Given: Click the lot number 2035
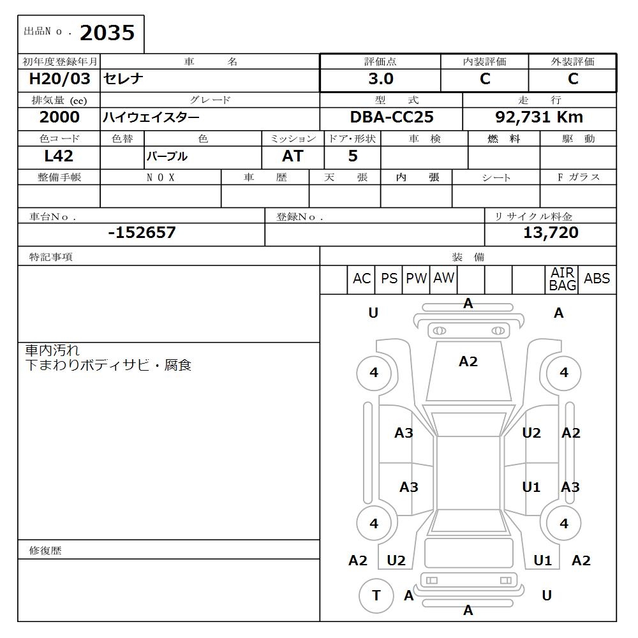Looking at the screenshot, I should [x=107, y=33].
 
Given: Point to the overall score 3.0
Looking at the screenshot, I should [x=381, y=79].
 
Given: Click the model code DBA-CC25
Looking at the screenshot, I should [x=392, y=117].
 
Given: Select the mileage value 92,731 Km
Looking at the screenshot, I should [x=539, y=117].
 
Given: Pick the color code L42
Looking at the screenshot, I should [x=59, y=156].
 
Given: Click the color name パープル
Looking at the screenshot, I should [x=167, y=156].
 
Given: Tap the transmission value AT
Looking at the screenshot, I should [x=293, y=156].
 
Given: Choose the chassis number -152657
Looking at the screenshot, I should [x=142, y=233].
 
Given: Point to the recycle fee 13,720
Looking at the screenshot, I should [x=551, y=233].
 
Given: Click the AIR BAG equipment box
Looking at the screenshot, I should [x=562, y=279].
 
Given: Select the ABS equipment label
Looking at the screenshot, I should [x=597, y=279].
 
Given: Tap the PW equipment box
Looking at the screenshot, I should [x=416, y=279].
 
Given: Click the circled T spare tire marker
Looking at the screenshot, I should [x=376, y=596].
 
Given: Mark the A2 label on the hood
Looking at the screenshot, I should [x=468, y=362].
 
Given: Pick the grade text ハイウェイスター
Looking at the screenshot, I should [x=151, y=117].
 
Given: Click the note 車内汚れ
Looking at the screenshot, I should [x=52, y=350].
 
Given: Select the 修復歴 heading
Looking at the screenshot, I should [x=45, y=550].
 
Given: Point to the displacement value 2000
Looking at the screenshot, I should [x=59, y=117].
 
